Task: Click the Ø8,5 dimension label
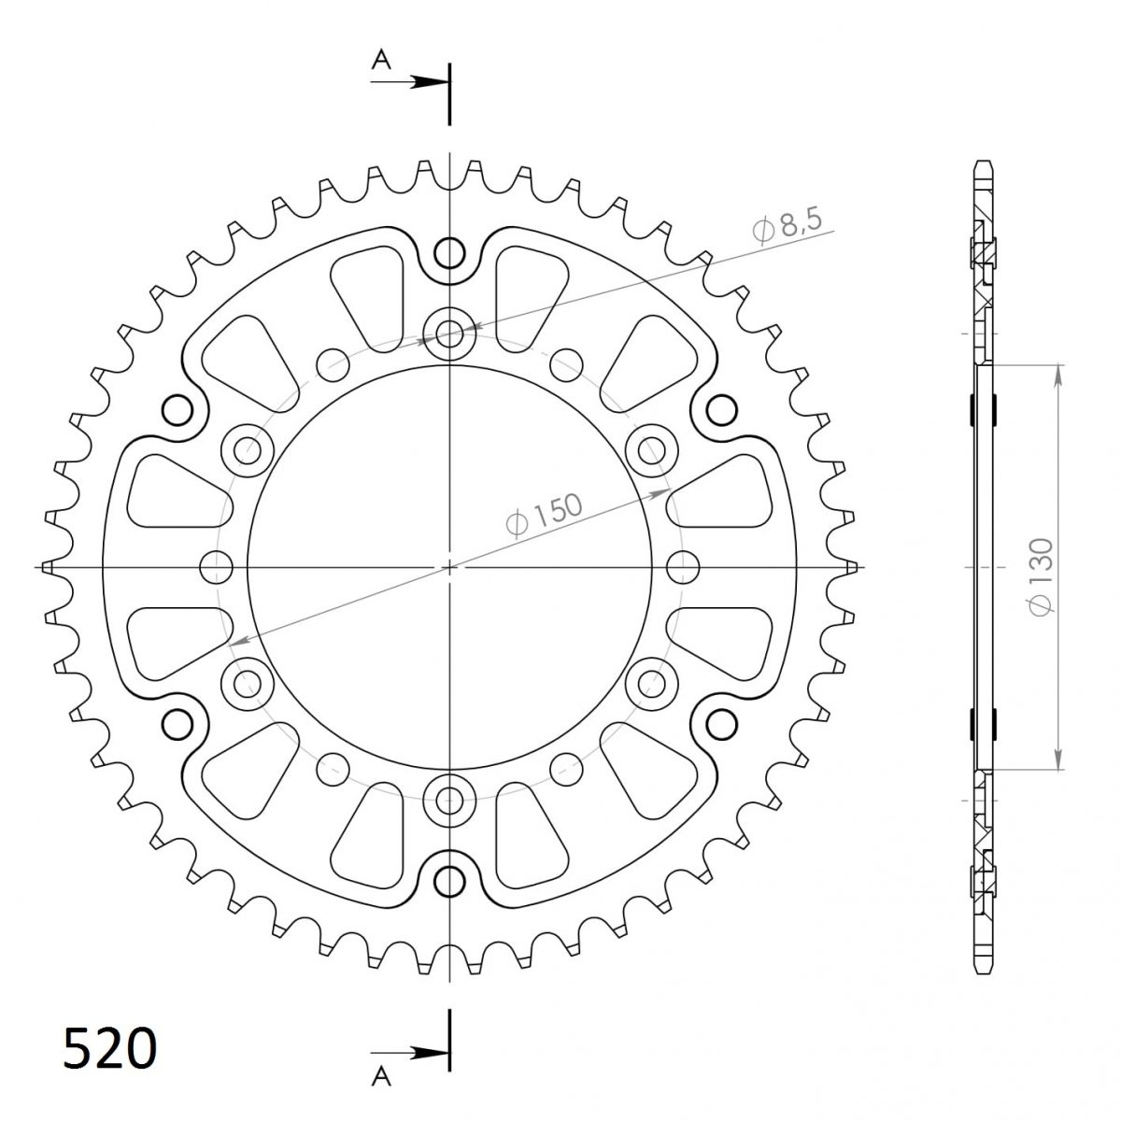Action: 788,226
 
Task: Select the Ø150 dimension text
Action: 544,514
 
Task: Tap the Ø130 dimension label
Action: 1041,576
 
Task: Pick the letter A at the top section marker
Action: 381,60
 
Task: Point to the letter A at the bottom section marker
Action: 381,1077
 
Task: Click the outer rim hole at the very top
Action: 449,253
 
